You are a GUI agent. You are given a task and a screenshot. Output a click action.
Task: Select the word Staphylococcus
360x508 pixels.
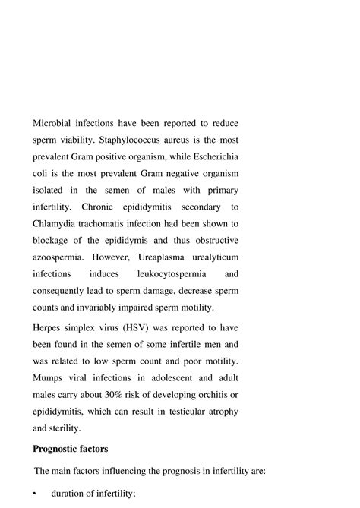click(x=144, y=140)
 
